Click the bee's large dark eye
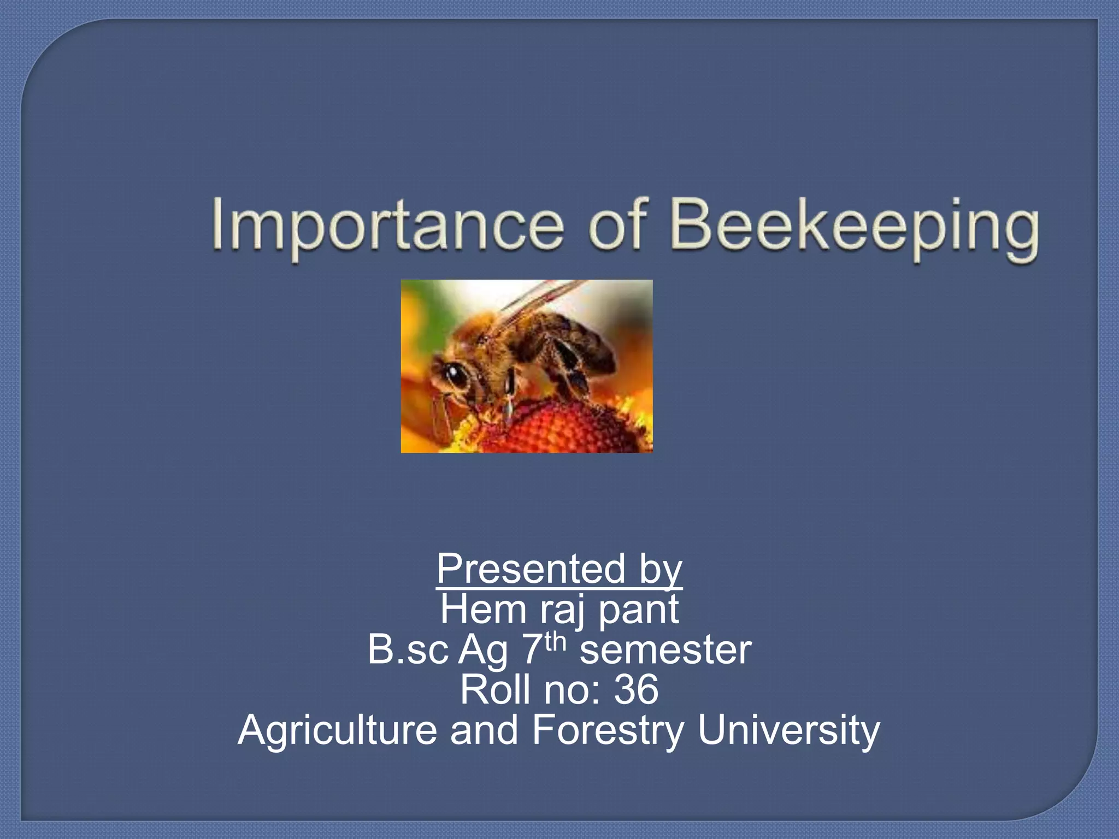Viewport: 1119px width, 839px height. click(x=452, y=375)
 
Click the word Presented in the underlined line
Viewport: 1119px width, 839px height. click(x=530, y=569)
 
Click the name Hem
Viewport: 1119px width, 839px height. click(x=483, y=610)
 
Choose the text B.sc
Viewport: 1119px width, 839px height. click(x=408, y=649)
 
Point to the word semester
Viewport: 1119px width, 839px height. click(x=665, y=651)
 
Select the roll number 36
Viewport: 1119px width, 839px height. click(x=636, y=690)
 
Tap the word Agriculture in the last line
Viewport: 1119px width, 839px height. click(x=337, y=731)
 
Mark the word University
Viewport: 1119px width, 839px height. click(x=788, y=731)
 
